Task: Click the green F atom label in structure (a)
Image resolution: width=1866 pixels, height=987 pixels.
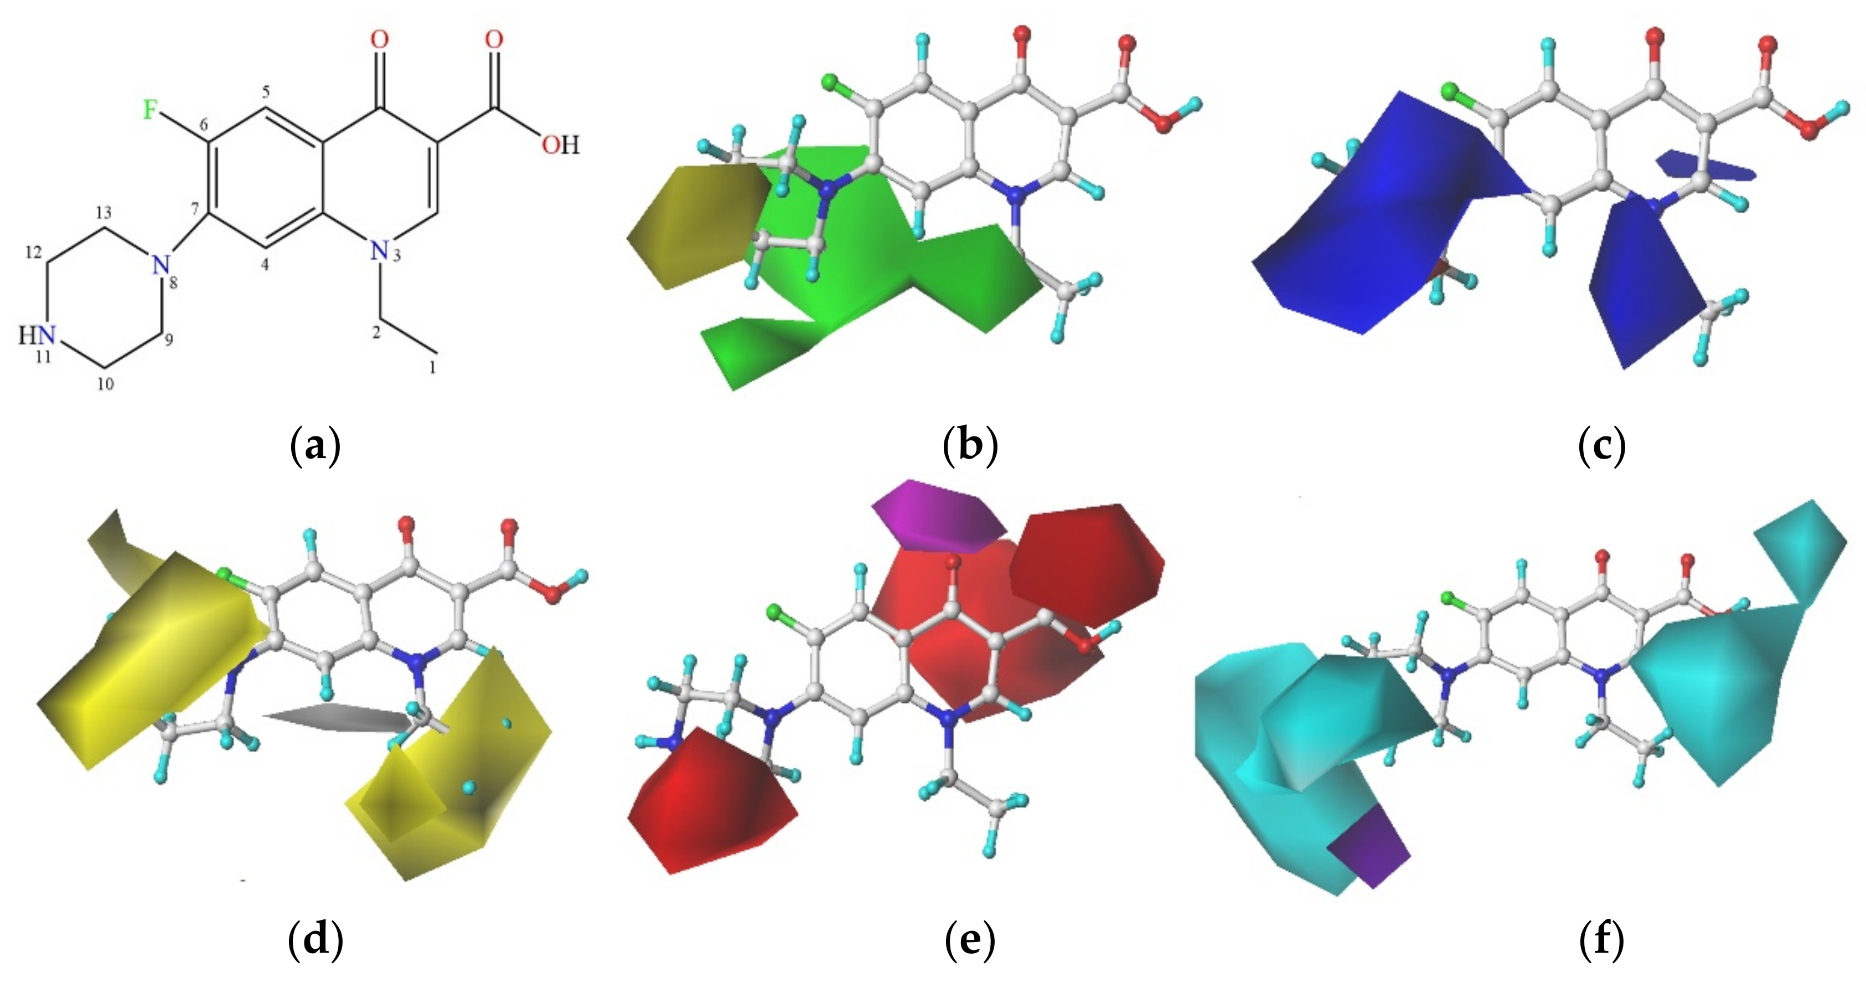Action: pyautogui.click(x=150, y=110)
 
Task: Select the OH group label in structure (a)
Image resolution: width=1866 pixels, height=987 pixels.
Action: pyautogui.click(x=561, y=145)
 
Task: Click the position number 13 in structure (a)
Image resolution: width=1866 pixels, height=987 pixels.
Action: pyautogui.click(x=104, y=212)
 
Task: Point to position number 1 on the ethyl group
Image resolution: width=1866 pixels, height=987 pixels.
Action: pyautogui.click(x=432, y=367)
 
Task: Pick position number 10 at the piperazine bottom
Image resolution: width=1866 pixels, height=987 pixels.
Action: pyautogui.click(x=106, y=384)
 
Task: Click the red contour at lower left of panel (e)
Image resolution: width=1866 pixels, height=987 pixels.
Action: pyautogui.click(x=710, y=797)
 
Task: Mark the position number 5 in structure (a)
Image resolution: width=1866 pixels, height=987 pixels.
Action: pyautogui.click(x=266, y=92)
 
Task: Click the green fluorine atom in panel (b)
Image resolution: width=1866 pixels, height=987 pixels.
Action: pyautogui.click(x=829, y=83)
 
